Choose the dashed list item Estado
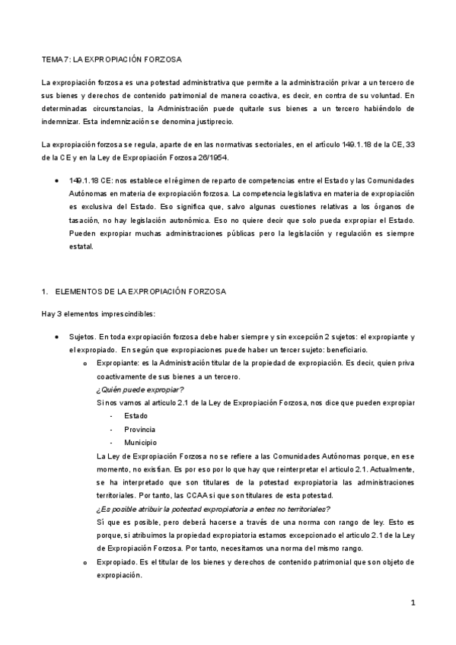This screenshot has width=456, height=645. [x=136, y=416]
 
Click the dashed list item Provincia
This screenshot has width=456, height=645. [x=140, y=429]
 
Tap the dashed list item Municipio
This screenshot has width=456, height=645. [x=141, y=442]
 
